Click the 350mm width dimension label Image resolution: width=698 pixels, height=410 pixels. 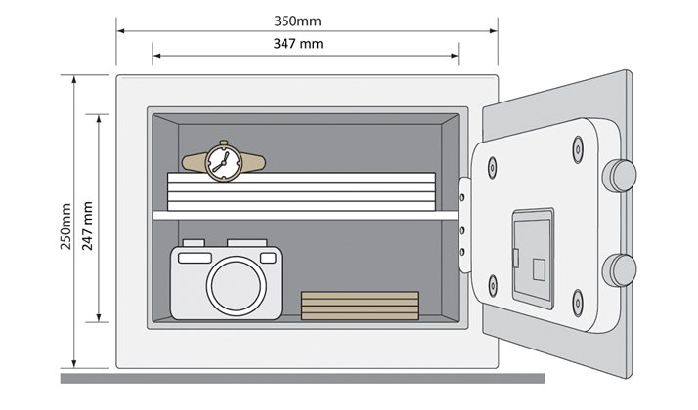tap(297, 20)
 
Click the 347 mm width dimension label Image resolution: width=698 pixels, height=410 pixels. tap(298, 44)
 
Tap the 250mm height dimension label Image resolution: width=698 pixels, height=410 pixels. tap(65, 225)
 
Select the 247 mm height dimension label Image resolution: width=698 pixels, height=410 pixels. tap(88, 225)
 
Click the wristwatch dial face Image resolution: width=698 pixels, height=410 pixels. tap(224, 162)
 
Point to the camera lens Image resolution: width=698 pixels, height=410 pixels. tap(236, 285)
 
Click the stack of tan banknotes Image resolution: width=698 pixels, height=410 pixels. tap(360, 306)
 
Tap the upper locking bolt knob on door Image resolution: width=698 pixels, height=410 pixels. tap(619, 176)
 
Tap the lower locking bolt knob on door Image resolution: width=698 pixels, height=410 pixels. tap(619, 270)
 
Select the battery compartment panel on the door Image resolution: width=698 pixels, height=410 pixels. tap(533, 259)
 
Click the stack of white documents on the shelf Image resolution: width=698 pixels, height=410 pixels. tap(301, 191)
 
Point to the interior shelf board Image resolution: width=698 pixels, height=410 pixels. tap(306, 215)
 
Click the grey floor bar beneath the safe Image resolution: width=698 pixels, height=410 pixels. tap(302, 379)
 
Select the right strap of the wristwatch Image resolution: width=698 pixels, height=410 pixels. tap(253, 162)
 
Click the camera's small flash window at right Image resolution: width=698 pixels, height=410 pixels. tap(268, 258)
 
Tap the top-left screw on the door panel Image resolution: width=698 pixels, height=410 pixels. tap(492, 168)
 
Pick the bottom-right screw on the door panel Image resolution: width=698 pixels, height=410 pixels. tap(578, 303)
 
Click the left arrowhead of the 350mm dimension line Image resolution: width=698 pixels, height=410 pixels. tap(120, 31)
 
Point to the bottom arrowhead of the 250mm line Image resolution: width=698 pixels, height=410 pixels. tap(74, 364)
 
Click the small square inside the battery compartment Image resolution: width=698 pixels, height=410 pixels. tap(539, 269)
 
